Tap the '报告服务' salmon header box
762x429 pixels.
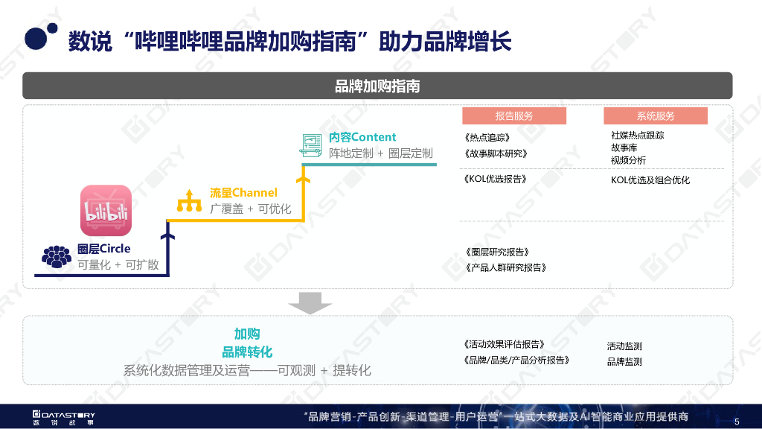tap(513, 116)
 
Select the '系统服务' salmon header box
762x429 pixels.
tap(655, 116)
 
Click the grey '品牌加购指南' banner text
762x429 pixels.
tap(377, 86)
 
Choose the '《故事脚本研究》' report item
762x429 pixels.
tap(495, 154)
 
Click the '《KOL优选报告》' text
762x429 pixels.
tap(495, 179)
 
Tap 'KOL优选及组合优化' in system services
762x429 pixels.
tap(650, 180)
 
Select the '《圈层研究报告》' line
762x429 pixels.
tap(496, 252)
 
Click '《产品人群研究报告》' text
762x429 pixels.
tap(505, 267)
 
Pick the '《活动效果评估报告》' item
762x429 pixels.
tap(505, 345)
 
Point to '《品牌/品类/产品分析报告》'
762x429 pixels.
tap(516, 360)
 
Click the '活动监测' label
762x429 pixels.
tap(624, 346)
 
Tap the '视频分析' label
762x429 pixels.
tap(628, 160)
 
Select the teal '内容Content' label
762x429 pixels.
tap(362, 138)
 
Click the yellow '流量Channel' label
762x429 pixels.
tap(243, 193)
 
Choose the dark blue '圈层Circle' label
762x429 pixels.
tap(104, 249)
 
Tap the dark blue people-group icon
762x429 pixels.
tap(57, 256)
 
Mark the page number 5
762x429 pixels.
tap(737, 421)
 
